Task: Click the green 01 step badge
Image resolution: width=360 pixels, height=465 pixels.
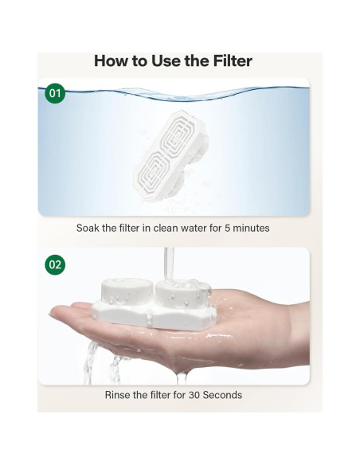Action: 55,94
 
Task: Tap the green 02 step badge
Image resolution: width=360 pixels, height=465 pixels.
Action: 55,264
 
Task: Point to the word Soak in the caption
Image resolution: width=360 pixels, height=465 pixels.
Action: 89,228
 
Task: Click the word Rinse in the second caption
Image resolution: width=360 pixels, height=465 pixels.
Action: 119,394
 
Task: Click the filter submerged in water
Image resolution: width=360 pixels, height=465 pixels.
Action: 179,151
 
